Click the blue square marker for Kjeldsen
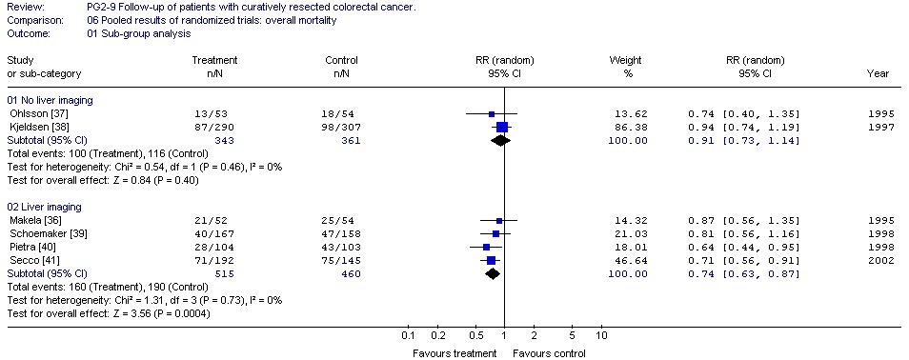(x=502, y=128)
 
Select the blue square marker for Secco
(x=491, y=260)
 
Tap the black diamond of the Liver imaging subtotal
(x=493, y=274)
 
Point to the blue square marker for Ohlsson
(x=492, y=114)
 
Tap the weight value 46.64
(x=635, y=260)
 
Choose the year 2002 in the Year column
(x=881, y=260)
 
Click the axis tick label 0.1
(x=408, y=336)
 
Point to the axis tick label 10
(x=601, y=336)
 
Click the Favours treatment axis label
(x=454, y=353)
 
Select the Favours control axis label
(x=549, y=353)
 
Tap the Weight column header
(x=625, y=60)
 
